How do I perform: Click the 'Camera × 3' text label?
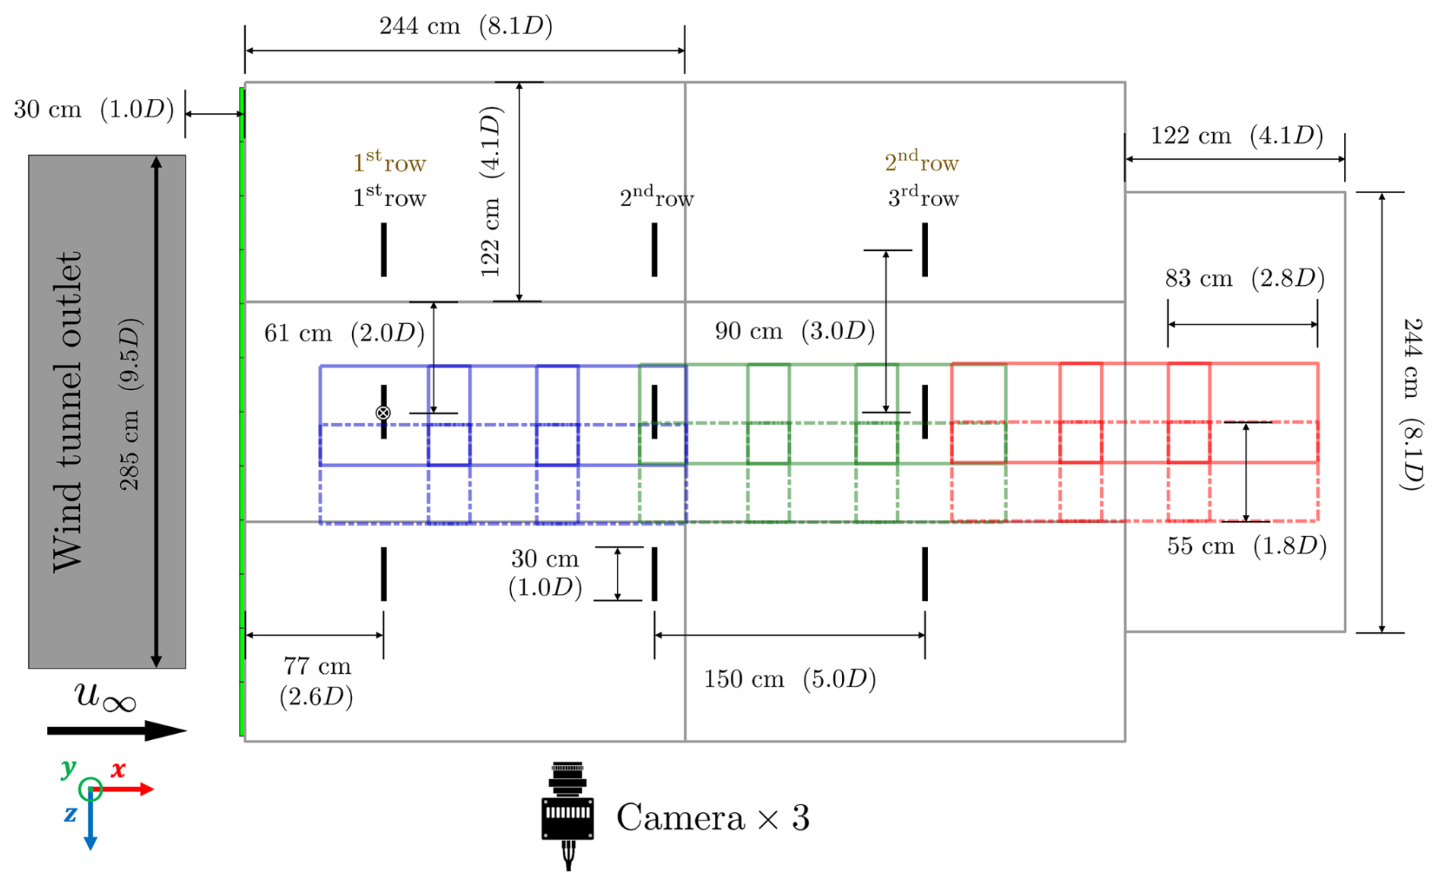tap(713, 818)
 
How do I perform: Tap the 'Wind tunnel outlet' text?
tap(67, 411)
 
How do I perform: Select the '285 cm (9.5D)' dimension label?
tap(130, 404)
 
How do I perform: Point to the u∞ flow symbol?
tap(105, 697)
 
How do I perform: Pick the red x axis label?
tap(118, 770)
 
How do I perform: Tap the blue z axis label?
tap(70, 815)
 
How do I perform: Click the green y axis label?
tap(68, 767)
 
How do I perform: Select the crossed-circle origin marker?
tap(383, 413)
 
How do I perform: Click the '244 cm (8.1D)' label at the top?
tap(465, 27)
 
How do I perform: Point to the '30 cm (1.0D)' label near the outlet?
tap(94, 110)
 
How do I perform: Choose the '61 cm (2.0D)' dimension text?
tap(344, 333)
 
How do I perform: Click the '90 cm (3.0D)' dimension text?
tap(795, 331)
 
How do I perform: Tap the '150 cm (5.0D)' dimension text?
tap(789, 678)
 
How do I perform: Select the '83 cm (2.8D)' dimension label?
tap(1244, 278)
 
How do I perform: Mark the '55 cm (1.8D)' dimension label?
tap(1247, 546)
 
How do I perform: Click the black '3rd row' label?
tap(923, 198)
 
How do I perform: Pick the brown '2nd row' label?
tap(921, 162)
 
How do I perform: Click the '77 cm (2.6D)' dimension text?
tap(316, 681)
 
